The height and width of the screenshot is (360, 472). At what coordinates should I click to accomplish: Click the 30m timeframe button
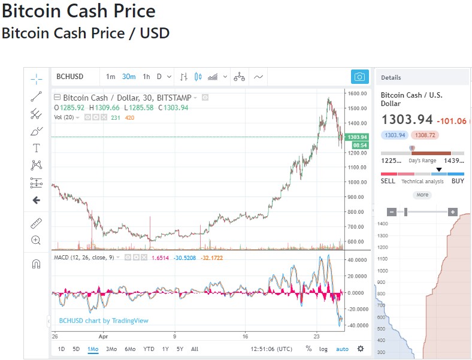coord(129,77)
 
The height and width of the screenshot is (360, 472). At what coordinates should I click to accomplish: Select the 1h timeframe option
coord(146,77)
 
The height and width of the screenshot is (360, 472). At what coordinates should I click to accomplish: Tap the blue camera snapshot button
coord(359,77)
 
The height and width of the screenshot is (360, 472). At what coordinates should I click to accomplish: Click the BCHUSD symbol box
coord(70,77)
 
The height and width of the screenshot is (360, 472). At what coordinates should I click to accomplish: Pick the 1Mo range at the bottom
coord(93,349)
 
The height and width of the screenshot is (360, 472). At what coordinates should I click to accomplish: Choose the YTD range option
coord(149,349)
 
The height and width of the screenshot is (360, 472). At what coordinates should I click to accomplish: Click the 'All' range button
coord(195,349)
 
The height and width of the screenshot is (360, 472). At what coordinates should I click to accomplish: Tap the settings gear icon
coord(360,349)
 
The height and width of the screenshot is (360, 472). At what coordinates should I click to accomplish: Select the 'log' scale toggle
coord(323,349)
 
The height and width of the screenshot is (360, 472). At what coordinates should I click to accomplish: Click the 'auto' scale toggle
coord(342,349)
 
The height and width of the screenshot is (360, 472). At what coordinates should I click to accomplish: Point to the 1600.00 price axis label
coord(357,93)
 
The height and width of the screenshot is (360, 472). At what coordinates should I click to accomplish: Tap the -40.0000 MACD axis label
coord(357,325)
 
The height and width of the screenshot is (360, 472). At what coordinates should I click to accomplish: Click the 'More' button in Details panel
coord(422,195)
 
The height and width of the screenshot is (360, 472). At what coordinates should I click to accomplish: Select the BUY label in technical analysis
coord(458,181)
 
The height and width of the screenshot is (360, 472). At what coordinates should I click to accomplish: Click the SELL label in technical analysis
coord(388,181)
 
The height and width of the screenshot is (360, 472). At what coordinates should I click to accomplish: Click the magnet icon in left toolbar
coord(36,264)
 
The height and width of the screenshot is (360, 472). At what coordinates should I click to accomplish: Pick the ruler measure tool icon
coord(36,223)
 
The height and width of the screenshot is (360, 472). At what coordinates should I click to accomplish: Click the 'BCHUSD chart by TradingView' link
coord(104,320)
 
